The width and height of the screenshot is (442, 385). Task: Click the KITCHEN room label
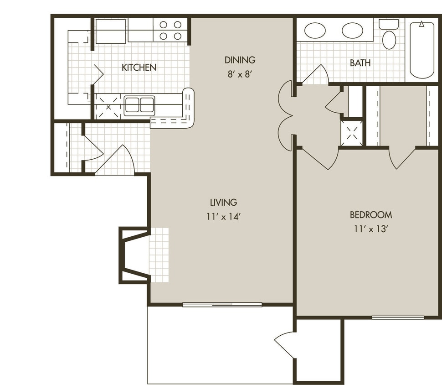coord(139,68)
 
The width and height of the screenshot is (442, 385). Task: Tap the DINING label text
coord(240,60)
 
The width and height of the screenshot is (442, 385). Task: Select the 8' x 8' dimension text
coord(240,74)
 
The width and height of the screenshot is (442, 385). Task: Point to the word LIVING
coord(223,202)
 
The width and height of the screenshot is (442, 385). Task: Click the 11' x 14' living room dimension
coord(223,216)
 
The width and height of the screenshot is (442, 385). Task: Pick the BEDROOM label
coord(370,215)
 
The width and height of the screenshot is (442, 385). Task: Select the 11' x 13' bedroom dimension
coord(370,229)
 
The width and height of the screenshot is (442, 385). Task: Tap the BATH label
coord(360,63)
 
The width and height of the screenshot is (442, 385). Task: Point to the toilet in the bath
coord(389,36)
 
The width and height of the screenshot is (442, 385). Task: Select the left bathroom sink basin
coord(315,31)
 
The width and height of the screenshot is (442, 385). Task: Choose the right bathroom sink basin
coord(352,31)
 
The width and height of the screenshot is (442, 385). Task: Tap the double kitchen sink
coord(139,105)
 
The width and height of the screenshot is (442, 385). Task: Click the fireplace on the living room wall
coord(133,255)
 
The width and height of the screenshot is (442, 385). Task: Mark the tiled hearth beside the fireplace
coord(159,255)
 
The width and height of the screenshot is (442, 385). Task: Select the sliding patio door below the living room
coord(222,305)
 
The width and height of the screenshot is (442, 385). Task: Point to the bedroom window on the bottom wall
coord(398,317)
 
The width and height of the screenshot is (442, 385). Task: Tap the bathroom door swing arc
coord(317,75)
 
